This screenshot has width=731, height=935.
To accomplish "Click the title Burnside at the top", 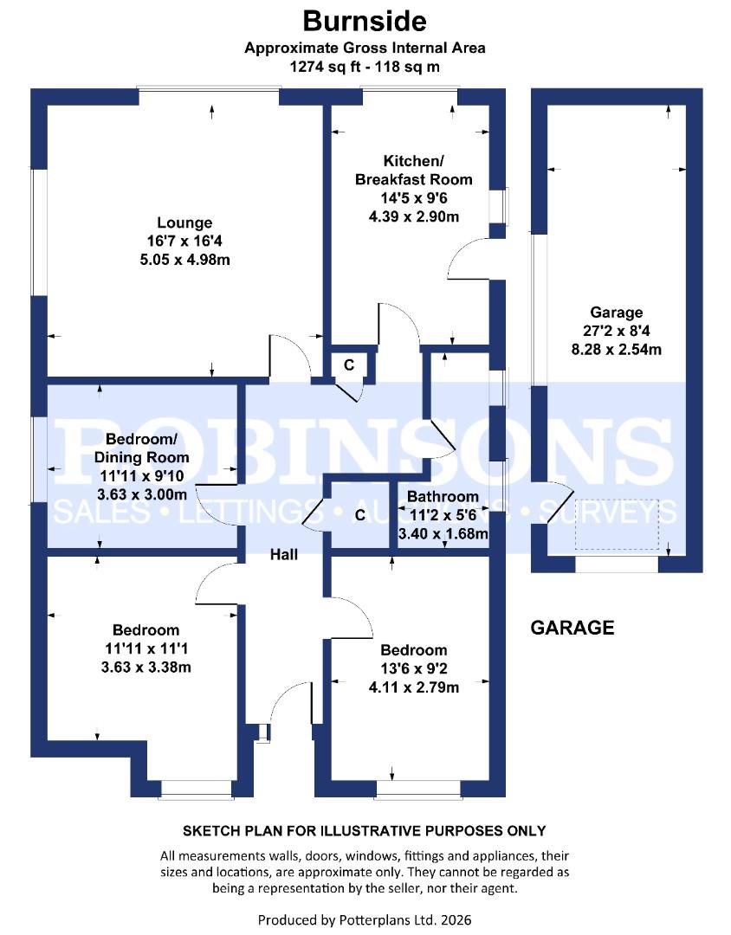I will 365,20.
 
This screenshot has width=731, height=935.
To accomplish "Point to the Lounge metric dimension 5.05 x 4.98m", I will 184,259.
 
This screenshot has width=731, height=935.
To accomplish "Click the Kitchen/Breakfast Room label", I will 414,170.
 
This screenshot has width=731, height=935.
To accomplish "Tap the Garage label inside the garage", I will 616,313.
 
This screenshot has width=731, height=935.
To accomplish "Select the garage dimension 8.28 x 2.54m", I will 616,350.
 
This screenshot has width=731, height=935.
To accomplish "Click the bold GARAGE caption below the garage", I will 572,628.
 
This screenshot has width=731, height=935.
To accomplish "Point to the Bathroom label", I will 443,496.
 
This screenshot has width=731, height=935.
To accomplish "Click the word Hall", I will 283,554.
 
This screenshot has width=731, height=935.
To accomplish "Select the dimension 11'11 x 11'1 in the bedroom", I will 146,648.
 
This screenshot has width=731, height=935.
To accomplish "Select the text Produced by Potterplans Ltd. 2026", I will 365,919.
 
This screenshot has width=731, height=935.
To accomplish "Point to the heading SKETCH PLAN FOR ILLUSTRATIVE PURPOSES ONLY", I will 365,831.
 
